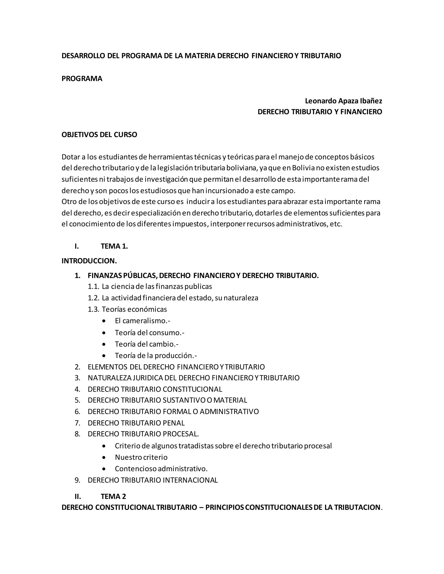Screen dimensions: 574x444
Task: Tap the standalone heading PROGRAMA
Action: tap(82, 79)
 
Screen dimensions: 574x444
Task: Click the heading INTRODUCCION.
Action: tap(89, 261)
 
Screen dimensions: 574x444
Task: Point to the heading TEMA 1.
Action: tap(114, 246)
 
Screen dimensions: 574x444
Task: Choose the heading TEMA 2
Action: tap(113, 496)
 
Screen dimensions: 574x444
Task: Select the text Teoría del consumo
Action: tap(149, 333)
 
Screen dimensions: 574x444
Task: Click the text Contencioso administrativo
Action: tap(161, 469)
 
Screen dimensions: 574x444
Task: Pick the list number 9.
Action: tap(77, 480)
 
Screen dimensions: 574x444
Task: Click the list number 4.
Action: tap(77, 389)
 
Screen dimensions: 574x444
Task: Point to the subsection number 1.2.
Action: tap(93, 298)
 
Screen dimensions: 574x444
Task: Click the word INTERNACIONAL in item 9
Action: tap(190, 480)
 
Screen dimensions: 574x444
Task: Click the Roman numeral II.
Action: tap(78, 496)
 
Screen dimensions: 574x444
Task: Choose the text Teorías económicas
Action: tap(134, 309)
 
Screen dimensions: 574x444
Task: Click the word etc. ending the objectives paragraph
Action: tap(336, 224)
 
